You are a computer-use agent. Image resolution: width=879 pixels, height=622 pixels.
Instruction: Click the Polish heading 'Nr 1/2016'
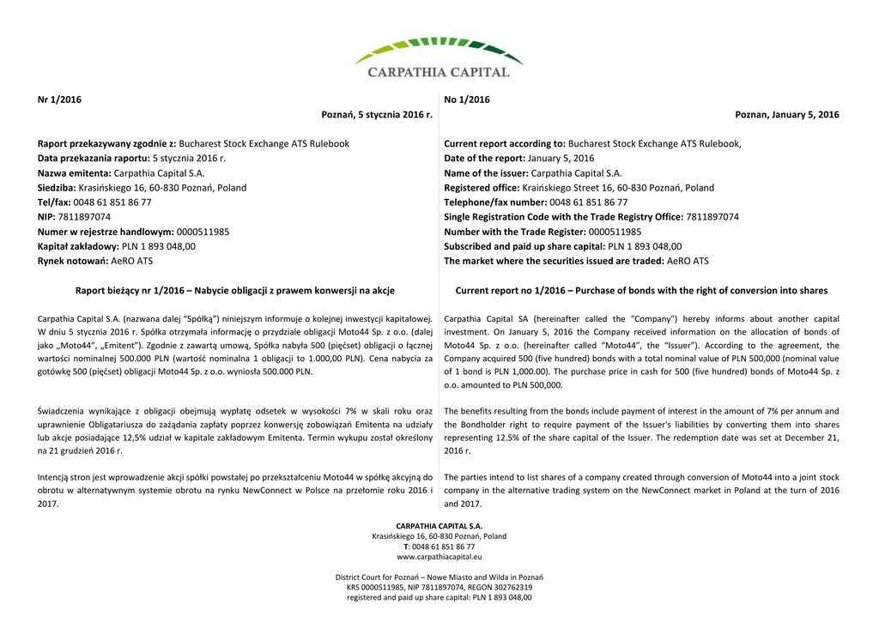pos(59,100)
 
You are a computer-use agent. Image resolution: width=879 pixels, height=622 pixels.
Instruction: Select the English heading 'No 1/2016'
pos(467,100)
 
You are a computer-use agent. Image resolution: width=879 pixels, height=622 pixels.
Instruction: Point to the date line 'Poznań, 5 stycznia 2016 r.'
pos(377,115)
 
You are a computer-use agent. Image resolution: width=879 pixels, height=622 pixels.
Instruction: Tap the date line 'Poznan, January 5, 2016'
pos(787,115)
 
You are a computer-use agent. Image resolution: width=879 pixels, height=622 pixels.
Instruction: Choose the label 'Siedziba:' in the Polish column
pos(57,188)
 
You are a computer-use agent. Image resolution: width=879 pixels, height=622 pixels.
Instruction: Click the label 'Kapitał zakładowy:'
pos(78,246)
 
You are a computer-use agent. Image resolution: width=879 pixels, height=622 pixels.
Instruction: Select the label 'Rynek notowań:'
pos(73,261)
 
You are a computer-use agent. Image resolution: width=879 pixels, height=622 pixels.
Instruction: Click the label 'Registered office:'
pos(482,188)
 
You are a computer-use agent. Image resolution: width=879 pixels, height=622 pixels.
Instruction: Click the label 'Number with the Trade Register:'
pos(513,232)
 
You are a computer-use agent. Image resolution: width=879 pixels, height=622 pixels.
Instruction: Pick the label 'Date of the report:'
pos(484,159)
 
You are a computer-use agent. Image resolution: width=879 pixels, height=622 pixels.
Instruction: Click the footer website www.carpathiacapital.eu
pos(439,557)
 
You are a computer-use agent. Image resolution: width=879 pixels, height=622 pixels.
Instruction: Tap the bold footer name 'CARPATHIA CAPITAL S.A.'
pos(439,526)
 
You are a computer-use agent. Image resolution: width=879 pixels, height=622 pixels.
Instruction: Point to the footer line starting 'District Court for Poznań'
pos(439,577)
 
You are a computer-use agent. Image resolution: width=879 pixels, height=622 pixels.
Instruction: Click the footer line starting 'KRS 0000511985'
pos(439,588)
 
